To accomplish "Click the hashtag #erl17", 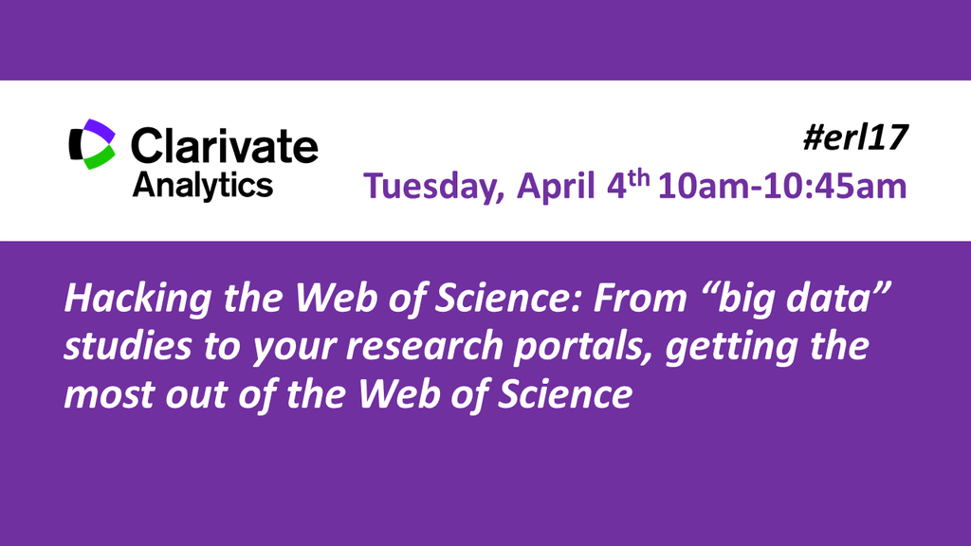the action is click(855, 137).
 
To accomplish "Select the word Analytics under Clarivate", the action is click(203, 186).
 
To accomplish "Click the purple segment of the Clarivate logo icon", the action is click(100, 131).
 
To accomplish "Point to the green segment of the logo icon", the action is click(100, 158).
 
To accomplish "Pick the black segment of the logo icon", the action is click(76, 144).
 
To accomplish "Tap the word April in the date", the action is click(556, 187).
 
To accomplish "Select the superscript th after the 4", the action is click(638, 178).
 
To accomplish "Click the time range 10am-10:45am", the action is click(782, 186).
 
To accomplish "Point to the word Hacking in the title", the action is click(138, 299).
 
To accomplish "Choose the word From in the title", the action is click(640, 298).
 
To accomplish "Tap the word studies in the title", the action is click(128, 345).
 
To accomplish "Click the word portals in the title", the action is click(584, 347).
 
